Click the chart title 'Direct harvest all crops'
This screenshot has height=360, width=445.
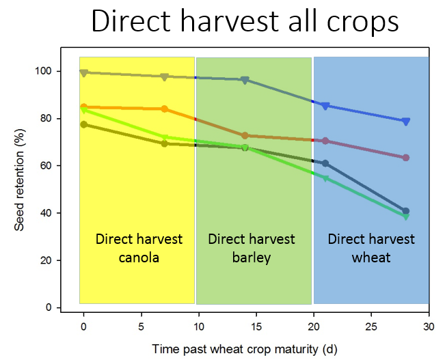(x=245, y=22)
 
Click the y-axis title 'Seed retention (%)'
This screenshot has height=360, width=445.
(x=20, y=183)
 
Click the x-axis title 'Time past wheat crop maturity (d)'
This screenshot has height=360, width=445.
(x=244, y=348)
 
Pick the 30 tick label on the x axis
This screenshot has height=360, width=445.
(x=429, y=326)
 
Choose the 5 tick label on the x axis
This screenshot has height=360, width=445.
(x=141, y=326)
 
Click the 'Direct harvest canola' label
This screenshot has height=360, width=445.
(x=139, y=247)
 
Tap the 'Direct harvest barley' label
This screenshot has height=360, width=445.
(x=252, y=247)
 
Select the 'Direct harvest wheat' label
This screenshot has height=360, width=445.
(x=371, y=247)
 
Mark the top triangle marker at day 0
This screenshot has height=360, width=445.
(x=83, y=73)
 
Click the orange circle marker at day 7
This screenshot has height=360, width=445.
(x=165, y=109)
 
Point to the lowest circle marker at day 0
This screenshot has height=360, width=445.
(x=83, y=124)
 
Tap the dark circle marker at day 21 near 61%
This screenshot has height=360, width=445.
(x=325, y=163)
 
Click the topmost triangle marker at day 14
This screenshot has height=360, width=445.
(x=245, y=81)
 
